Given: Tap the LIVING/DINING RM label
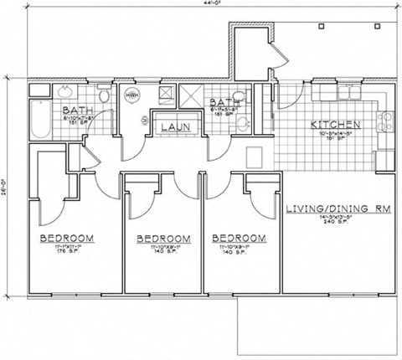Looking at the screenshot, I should pyautogui.click(x=336, y=208).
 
